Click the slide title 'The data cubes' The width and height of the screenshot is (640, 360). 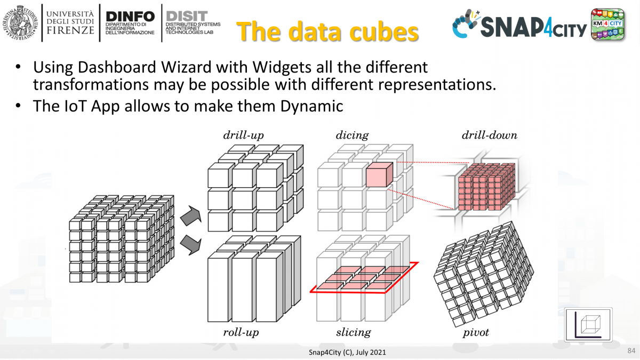click(327, 31)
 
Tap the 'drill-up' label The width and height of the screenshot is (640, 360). click(243, 135)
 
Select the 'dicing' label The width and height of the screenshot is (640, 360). click(352, 135)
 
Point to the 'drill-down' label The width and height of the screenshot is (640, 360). click(489, 135)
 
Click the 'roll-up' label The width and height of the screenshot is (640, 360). click(245, 333)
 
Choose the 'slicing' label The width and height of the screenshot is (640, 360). click(353, 333)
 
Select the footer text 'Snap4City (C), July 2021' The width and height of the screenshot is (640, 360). click(347, 353)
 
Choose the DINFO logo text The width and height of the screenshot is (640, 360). click(130, 18)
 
